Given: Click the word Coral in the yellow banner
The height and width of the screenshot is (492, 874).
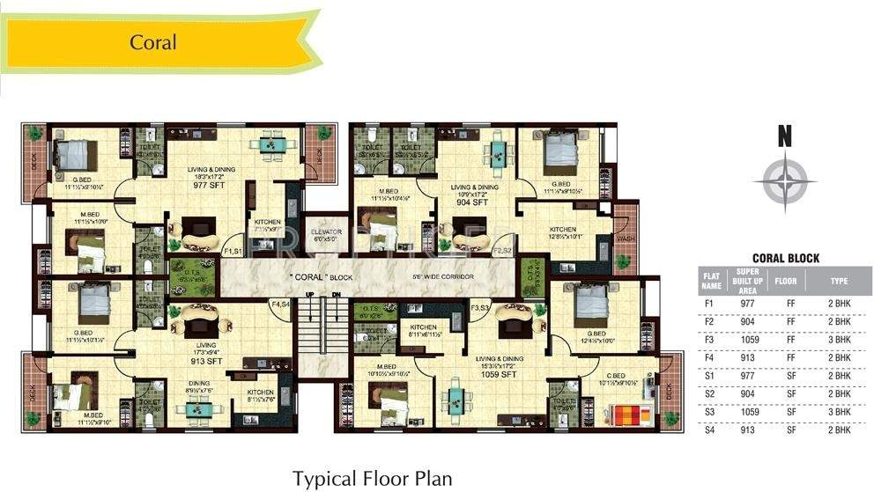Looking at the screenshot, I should click(x=153, y=42).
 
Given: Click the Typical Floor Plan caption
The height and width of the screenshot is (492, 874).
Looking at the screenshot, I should click(x=373, y=478).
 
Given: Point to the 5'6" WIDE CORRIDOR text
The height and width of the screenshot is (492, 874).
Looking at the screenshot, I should click(x=443, y=276).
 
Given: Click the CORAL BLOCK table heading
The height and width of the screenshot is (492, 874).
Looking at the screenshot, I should click(x=785, y=258).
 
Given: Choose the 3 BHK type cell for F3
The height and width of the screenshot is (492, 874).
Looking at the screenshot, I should click(x=838, y=338).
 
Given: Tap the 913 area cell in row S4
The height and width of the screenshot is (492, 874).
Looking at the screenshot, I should click(x=749, y=430).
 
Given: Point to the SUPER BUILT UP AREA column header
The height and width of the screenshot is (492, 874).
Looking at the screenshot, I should click(x=749, y=282).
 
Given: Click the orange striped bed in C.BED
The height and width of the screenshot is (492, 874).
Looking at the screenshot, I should click(x=630, y=414).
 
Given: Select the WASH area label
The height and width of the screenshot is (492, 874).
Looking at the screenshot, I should click(x=625, y=238).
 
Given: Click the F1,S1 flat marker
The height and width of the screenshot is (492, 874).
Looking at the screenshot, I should click(x=233, y=252).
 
